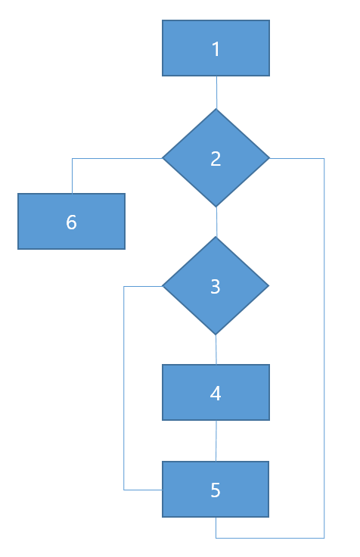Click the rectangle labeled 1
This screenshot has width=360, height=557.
tap(216, 48)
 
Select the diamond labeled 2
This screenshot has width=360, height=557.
tap(216, 157)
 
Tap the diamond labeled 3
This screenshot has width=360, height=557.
tap(216, 285)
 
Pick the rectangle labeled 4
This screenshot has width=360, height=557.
tap(216, 393)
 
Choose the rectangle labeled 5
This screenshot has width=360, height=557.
tap(216, 489)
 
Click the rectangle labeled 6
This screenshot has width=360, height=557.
tap(71, 221)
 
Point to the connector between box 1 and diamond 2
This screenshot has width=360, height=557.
tap(216, 92)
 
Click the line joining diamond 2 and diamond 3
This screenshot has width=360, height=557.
tap(216, 222)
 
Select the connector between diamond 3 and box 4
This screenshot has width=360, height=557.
tap(216, 350)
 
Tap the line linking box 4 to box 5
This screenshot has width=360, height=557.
tap(216, 441)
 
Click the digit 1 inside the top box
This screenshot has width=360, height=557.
tap(216, 49)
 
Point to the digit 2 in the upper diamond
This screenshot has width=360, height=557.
tap(216, 158)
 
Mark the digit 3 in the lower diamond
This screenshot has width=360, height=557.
tap(216, 286)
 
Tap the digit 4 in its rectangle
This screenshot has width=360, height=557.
tap(216, 394)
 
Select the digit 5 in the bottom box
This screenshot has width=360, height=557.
tap(216, 490)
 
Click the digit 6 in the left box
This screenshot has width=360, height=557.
tap(71, 222)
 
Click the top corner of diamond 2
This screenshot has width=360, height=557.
tap(216, 109)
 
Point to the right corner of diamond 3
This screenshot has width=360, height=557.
tap(269, 285)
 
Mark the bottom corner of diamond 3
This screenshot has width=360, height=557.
tap(216, 335)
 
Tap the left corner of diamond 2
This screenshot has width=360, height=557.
tap(163, 158)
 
